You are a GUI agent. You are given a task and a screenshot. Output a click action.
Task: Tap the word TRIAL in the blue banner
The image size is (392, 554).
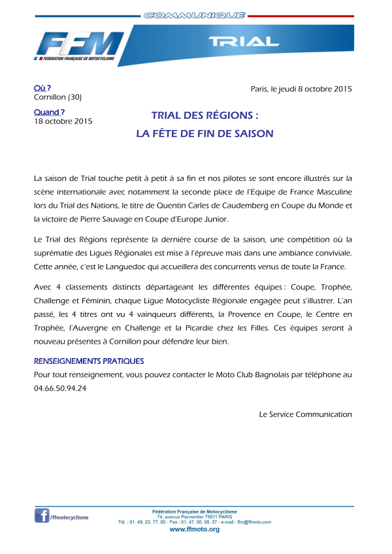click(244, 42)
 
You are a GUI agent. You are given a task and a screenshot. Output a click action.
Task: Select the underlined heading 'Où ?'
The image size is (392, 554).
click(42, 88)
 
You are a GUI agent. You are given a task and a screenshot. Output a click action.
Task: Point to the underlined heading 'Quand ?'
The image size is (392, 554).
click(49, 112)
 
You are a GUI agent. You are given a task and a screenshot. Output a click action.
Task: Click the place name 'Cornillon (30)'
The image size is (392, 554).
click(57, 97)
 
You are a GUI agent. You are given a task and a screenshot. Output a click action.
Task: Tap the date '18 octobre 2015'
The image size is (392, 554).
click(63, 121)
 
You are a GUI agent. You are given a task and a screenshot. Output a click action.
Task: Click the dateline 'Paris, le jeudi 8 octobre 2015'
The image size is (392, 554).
click(301, 89)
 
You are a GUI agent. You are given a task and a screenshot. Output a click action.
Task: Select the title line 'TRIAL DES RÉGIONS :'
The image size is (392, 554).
click(204, 115)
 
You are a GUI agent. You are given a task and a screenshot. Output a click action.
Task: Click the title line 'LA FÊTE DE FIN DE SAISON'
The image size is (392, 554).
click(204, 133)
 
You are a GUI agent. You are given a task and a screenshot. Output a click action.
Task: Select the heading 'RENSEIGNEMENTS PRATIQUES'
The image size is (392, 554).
click(89, 361)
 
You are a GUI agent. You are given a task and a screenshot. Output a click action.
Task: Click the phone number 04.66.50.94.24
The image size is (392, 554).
click(60, 388)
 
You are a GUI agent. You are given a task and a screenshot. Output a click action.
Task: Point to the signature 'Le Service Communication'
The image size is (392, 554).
click(305, 414)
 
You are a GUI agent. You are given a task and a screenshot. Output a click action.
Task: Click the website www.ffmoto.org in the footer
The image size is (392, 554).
click(194, 529)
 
